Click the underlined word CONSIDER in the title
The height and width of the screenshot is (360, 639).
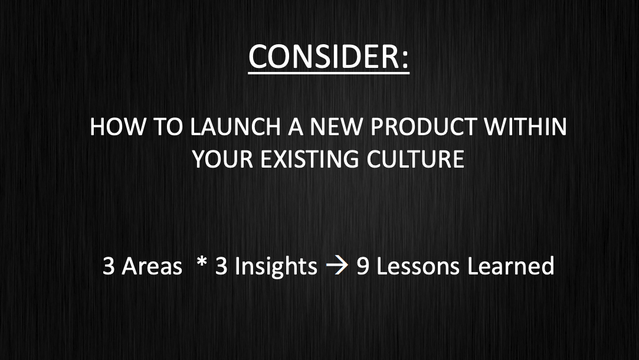tap(324, 57)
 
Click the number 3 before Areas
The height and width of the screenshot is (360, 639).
tap(109, 266)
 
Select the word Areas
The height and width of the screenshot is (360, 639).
tap(152, 266)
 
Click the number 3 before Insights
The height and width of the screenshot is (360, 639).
tap(221, 266)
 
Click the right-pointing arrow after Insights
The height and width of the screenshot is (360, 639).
tap(337, 267)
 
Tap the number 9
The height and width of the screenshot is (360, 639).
tap(363, 266)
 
